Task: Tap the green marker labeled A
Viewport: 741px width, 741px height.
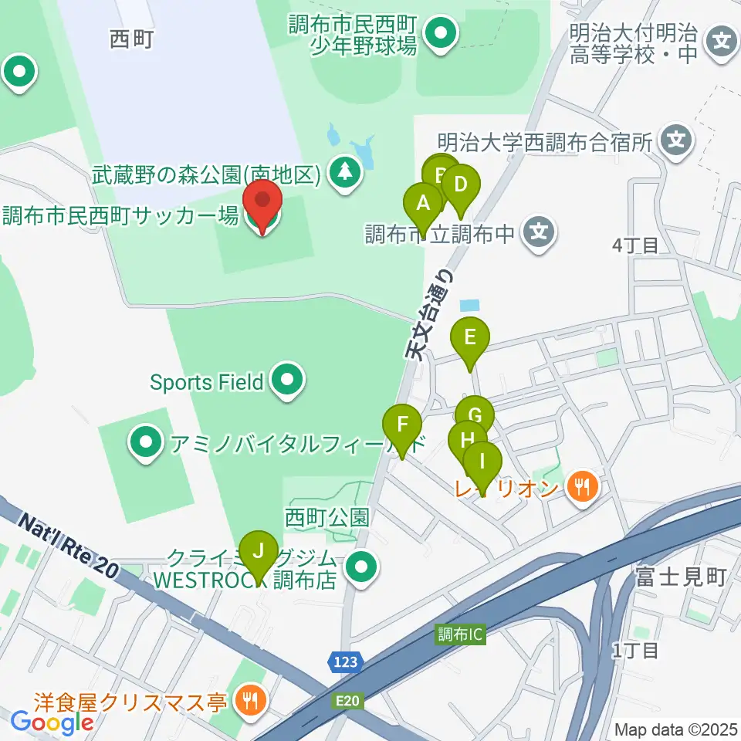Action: [422, 205]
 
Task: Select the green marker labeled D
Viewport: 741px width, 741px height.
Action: [461, 186]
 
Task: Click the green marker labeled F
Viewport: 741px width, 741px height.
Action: [402, 425]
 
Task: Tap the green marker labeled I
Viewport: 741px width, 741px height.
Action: [483, 462]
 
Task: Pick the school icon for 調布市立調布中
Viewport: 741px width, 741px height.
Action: [539, 233]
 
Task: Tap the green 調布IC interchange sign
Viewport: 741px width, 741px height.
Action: [459, 634]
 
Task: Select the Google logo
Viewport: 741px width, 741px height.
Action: [52, 722]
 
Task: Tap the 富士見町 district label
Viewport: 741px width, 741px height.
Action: [680, 577]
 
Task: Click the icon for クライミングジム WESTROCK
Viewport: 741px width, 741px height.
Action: [361, 570]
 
